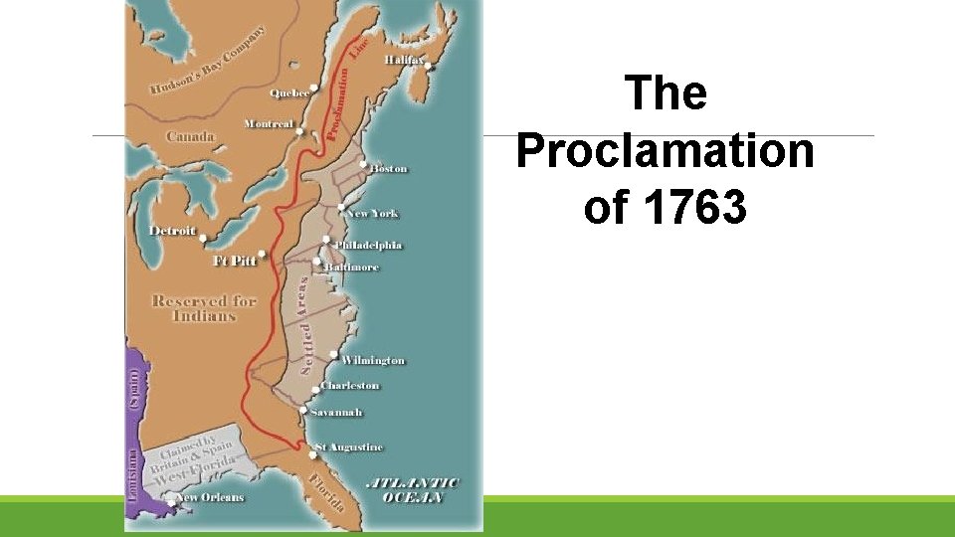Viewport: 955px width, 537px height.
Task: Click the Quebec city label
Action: [x=289, y=93]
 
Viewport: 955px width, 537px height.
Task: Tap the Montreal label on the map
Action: [x=269, y=124]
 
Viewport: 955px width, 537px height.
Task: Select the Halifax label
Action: [x=404, y=61]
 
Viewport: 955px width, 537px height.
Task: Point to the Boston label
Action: [x=389, y=169]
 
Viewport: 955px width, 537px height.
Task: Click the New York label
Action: [x=373, y=214]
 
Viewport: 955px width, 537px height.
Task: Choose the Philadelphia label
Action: [x=369, y=246]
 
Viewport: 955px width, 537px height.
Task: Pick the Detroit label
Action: [x=173, y=231]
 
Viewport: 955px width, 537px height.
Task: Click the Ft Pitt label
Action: [x=235, y=261]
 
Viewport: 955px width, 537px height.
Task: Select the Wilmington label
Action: [x=373, y=360]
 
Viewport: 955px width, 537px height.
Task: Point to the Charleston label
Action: [x=350, y=386]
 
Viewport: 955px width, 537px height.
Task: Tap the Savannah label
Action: [x=337, y=412]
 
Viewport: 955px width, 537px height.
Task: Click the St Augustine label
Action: [x=349, y=447]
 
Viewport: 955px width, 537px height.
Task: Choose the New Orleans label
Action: [x=210, y=497]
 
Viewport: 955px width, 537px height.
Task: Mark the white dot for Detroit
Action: [x=203, y=239]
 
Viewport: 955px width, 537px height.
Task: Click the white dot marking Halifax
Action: [x=428, y=68]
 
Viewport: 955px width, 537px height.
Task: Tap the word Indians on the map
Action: [x=204, y=316]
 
